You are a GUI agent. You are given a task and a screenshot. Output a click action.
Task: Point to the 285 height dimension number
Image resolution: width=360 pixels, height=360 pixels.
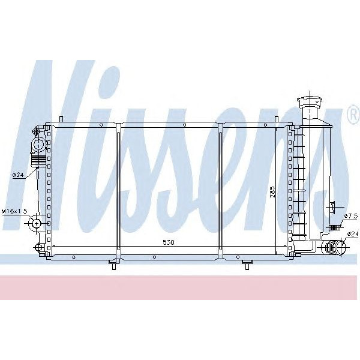pyautogui.click(x=272, y=191)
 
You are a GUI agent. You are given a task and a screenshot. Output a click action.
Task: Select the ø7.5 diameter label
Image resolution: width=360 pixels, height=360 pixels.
pyautogui.click(x=351, y=216)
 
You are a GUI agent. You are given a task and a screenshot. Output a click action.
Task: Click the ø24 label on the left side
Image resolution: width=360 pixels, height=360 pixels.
pyautogui.click(x=18, y=175)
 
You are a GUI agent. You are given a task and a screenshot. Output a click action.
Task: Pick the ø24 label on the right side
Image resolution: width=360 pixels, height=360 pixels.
pyautogui.click(x=352, y=234)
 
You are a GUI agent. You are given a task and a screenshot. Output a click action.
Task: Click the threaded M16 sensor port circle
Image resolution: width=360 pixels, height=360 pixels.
pyautogui.click(x=36, y=223)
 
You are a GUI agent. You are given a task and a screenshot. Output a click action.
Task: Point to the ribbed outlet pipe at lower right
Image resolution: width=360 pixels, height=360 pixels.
pyautogui.click(x=332, y=247)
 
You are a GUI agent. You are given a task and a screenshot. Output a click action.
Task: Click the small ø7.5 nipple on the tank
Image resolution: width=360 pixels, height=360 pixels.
pyautogui.click(x=337, y=227)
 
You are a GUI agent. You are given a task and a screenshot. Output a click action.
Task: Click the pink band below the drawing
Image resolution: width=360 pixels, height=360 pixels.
pyautogui.click(x=180, y=288)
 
